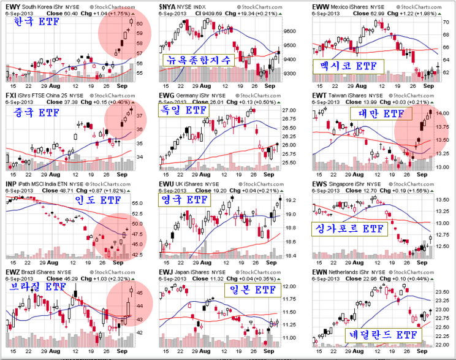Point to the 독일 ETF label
coord(186,110)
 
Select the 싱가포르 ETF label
coord(348,228)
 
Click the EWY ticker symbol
coord(12,6)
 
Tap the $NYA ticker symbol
coord(167,6)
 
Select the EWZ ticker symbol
coord(12,270)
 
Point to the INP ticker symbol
coord(10,183)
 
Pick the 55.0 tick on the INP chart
coord(138,202)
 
